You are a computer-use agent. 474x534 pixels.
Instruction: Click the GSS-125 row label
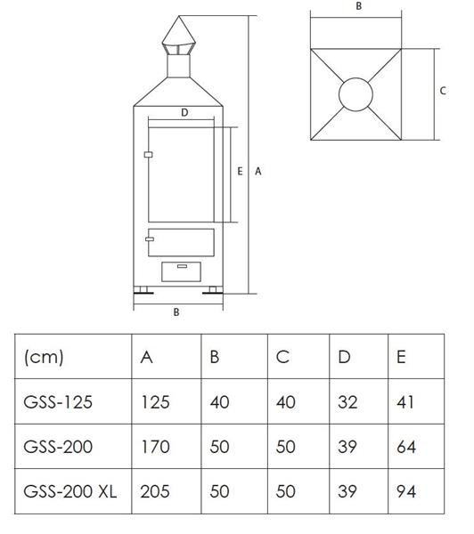58,402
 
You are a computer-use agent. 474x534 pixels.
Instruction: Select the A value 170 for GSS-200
155,447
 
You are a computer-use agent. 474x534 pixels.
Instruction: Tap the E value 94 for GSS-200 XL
406,491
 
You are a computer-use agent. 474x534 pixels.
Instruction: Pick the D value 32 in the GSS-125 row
347,402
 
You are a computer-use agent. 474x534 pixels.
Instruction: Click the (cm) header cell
44,357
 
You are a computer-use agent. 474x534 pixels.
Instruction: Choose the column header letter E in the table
401,357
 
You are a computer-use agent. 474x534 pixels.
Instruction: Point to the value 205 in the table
155,491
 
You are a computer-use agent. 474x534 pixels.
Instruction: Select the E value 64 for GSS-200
406,447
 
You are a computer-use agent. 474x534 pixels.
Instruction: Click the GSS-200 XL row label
69,491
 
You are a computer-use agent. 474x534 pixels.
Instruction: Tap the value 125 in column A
156,402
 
